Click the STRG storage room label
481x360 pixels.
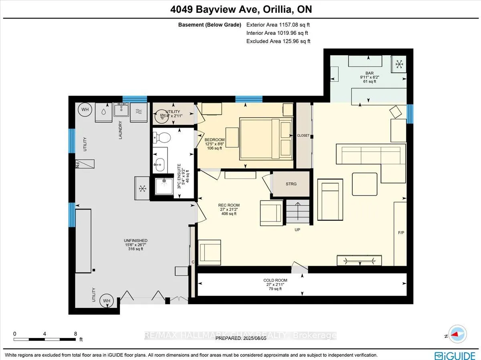[291, 184]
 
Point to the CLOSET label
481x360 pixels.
[303, 136]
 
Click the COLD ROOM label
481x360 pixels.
[274, 280]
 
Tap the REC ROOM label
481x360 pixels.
[230, 205]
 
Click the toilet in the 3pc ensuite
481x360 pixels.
[162, 138]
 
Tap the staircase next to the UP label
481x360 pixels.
[297, 212]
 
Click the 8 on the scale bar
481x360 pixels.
[75, 333]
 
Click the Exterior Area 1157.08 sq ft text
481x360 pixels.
[278, 25]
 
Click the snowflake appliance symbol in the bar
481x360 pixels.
[399, 63]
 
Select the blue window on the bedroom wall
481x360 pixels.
[249, 99]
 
